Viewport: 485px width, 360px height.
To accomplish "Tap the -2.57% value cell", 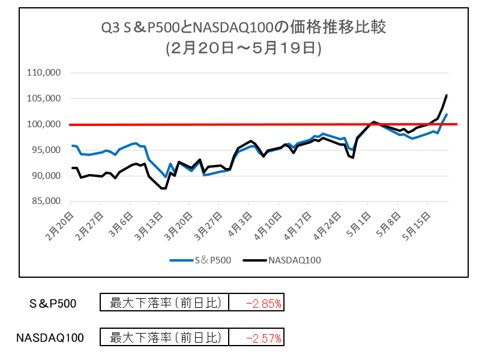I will [x=257, y=338].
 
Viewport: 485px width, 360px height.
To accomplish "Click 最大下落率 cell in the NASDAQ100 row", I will [x=164, y=338].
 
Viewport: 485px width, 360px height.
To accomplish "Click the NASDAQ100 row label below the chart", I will [x=50, y=338].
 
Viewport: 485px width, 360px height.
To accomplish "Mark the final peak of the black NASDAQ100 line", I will [x=446, y=95].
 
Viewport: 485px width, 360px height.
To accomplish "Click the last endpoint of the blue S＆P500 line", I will [x=447, y=115].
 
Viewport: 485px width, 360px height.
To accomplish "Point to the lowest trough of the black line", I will [x=163, y=188].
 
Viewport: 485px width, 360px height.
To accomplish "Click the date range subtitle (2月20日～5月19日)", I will [x=244, y=49].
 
